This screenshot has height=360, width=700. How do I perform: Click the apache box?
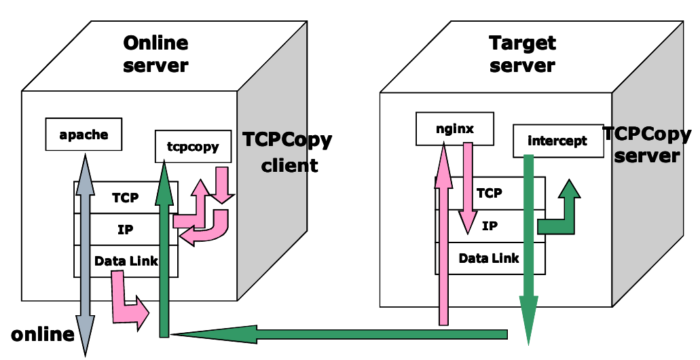pos(84,134)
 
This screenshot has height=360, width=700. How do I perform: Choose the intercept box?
pos(557,141)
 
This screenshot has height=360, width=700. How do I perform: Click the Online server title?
pos(155,54)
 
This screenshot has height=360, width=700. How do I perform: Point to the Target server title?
pos(522,54)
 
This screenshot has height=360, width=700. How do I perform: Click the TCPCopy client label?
pos(288,152)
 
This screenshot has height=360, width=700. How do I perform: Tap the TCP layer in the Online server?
pos(126,198)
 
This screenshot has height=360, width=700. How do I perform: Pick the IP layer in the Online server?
pos(126,230)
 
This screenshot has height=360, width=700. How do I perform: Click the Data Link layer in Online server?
pos(126,261)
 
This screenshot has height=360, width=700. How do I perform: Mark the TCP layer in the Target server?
pos(489,193)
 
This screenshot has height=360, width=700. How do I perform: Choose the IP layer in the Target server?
pos(490,226)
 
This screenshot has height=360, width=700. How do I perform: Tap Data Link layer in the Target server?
pos(489,258)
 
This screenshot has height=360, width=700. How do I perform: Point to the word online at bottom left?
pos(42,334)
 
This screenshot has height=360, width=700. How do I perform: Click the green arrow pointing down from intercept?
pos(528,251)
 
